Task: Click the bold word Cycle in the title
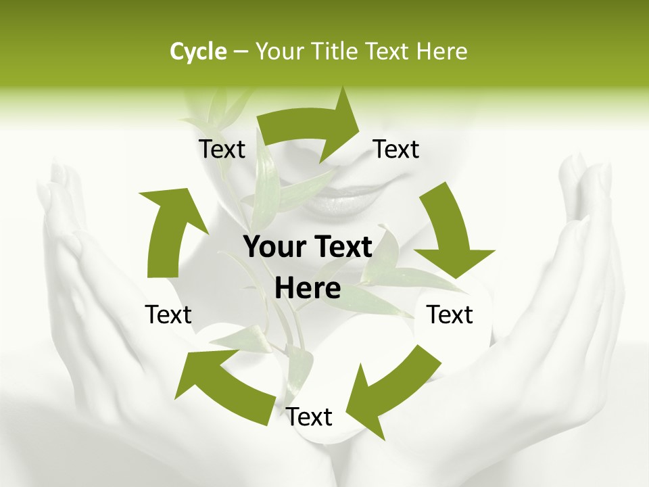click(198, 51)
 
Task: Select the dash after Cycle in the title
click(241, 51)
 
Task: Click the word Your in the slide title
click(279, 51)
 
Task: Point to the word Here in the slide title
click(442, 51)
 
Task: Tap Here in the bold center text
click(308, 289)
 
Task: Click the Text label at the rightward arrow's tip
click(396, 149)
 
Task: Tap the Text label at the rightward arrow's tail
click(222, 149)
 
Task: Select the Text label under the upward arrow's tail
click(168, 315)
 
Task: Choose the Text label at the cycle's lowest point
click(309, 417)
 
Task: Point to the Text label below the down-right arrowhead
click(450, 315)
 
